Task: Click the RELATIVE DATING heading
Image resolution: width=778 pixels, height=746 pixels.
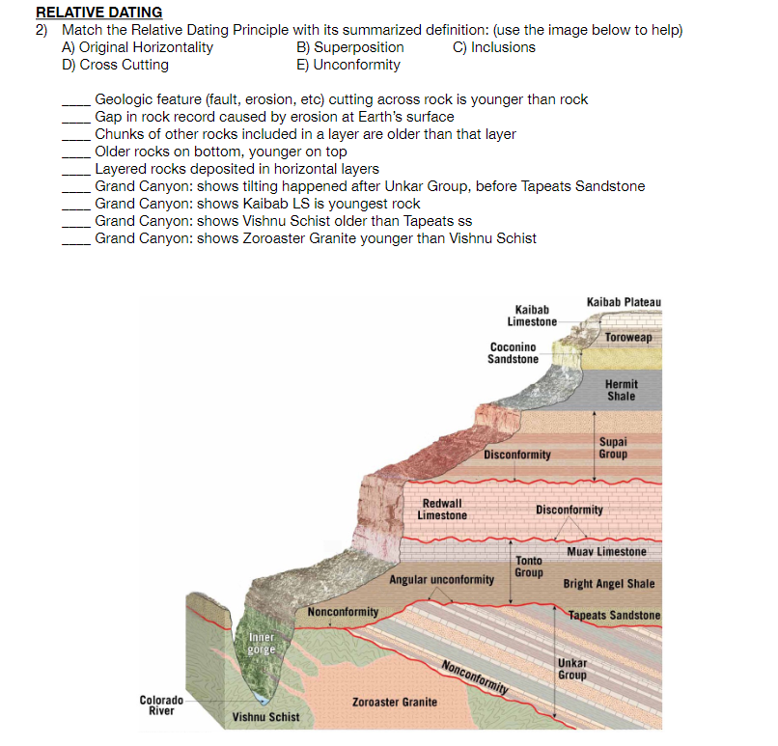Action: [x=98, y=13]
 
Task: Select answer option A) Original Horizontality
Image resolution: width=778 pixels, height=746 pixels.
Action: [x=137, y=47]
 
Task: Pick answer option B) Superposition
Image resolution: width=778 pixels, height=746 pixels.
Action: [x=350, y=47]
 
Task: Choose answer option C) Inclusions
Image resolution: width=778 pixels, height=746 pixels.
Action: [x=493, y=47]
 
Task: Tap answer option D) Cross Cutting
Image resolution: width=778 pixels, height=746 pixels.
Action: [x=115, y=65]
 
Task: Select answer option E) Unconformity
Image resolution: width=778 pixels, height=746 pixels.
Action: [x=348, y=65]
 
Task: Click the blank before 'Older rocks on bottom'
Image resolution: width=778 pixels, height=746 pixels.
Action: [x=77, y=152]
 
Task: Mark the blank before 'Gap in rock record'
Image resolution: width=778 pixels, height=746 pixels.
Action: [x=77, y=117]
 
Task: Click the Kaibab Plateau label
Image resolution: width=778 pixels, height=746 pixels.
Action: [x=624, y=302]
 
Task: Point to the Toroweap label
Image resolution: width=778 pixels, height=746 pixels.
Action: [x=628, y=337]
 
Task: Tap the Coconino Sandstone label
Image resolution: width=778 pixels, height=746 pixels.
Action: [x=513, y=353]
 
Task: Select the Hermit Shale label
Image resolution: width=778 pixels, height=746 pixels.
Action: [x=621, y=390]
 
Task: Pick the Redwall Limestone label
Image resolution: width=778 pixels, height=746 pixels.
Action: [x=441, y=510]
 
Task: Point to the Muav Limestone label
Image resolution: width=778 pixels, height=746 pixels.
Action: [x=606, y=552]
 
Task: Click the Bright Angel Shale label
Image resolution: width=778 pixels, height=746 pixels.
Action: [x=608, y=584]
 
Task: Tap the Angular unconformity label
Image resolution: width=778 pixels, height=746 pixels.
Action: [x=442, y=580]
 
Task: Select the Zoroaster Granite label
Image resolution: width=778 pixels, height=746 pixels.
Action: [x=394, y=702]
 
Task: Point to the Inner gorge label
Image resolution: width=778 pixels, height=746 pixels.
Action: [x=262, y=644]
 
